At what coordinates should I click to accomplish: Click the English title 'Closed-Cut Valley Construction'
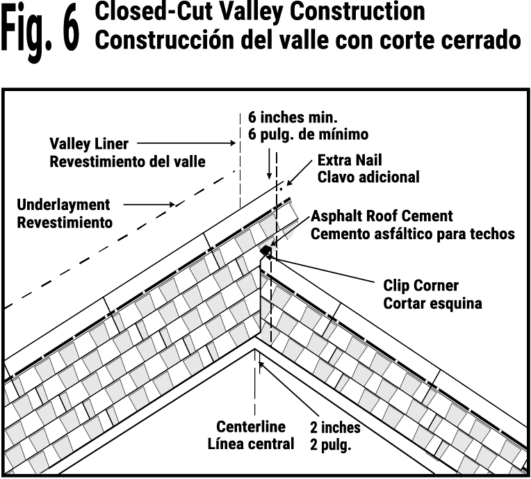pyautogui.click(x=259, y=12)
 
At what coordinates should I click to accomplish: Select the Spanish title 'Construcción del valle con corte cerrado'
pyautogui.click(x=307, y=39)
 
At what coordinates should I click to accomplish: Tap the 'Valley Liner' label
pyautogui.click(x=88, y=144)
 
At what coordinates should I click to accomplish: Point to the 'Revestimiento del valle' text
pyautogui.click(x=128, y=161)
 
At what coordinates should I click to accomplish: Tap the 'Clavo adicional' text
pyautogui.click(x=368, y=177)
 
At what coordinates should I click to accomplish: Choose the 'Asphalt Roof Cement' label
pyautogui.click(x=382, y=216)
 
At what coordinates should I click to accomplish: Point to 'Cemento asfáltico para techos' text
pyautogui.click(x=412, y=234)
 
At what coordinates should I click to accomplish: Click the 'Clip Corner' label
pyautogui.click(x=421, y=285)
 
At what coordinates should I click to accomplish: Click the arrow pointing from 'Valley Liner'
pyautogui.click(x=215, y=144)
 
